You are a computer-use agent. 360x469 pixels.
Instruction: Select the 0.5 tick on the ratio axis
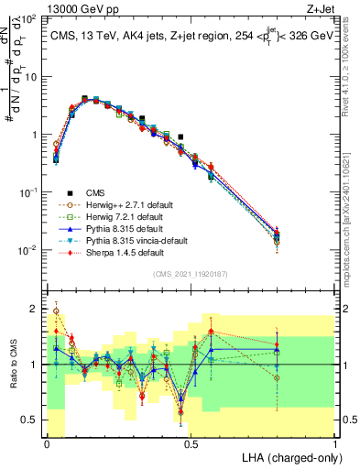click(x=29, y=420)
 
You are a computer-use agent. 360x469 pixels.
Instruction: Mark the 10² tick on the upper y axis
click(x=29, y=18)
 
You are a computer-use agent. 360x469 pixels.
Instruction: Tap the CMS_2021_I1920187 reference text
click(x=191, y=274)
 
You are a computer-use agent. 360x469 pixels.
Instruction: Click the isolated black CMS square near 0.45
click(x=180, y=136)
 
